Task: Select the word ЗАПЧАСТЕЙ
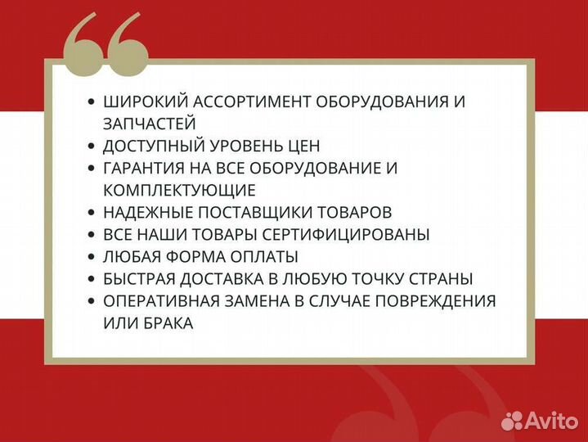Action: [x=150, y=124]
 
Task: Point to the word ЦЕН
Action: [x=303, y=147]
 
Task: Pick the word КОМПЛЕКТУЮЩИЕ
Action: [x=179, y=191]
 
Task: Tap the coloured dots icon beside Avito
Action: [x=512, y=420]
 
